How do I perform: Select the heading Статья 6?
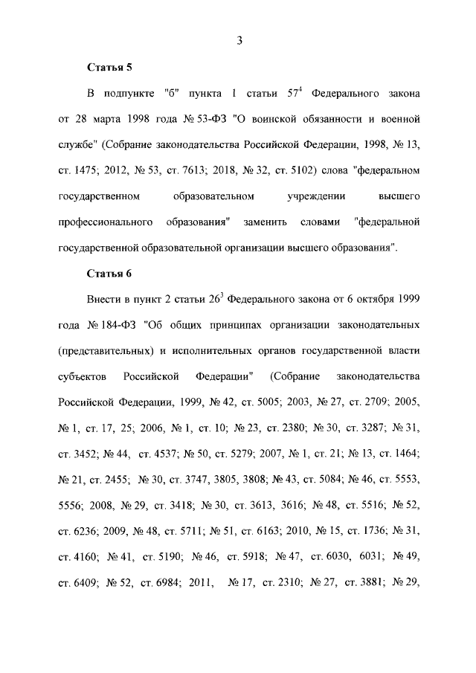click(109, 273)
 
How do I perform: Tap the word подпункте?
click(129, 94)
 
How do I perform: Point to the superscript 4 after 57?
click(301, 91)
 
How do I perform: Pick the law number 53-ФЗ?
click(208, 119)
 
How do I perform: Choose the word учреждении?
click(312, 196)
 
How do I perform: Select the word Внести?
click(104, 300)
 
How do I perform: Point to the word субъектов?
click(83, 376)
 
